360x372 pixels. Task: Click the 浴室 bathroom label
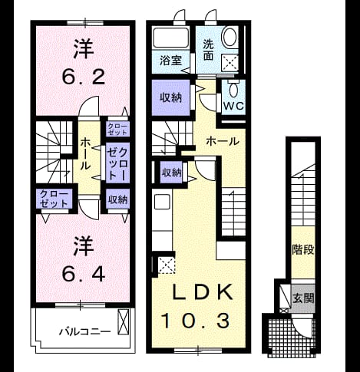171,61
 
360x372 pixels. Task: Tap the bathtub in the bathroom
171,38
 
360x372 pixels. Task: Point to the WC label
234,106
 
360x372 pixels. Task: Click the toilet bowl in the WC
233,90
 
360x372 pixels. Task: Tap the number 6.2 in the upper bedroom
84,77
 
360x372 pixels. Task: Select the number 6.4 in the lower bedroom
84,275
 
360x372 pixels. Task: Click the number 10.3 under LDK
195,321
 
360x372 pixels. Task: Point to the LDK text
203,292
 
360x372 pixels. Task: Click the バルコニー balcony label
85,332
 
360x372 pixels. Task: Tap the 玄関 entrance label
303,298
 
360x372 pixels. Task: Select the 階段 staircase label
303,249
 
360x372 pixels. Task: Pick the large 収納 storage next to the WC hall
171,97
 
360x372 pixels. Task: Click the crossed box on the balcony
123,321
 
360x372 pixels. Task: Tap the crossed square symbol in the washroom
230,63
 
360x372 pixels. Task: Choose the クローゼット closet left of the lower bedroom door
54,199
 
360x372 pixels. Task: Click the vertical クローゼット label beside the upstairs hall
117,163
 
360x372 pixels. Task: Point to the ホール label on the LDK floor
223,141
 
